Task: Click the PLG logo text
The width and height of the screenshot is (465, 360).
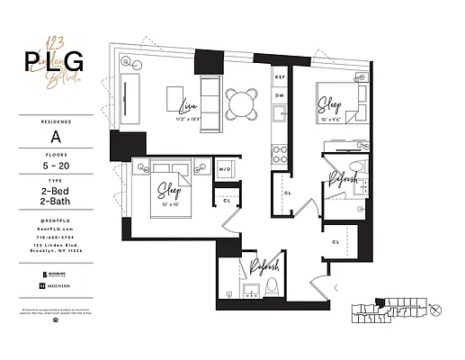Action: tap(53, 61)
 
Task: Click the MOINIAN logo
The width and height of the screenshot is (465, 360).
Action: tap(58, 285)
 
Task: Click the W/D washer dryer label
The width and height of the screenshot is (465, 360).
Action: tap(226, 168)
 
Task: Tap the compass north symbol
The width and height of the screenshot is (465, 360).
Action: tap(436, 310)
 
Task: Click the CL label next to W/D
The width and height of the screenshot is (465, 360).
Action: tap(227, 199)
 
